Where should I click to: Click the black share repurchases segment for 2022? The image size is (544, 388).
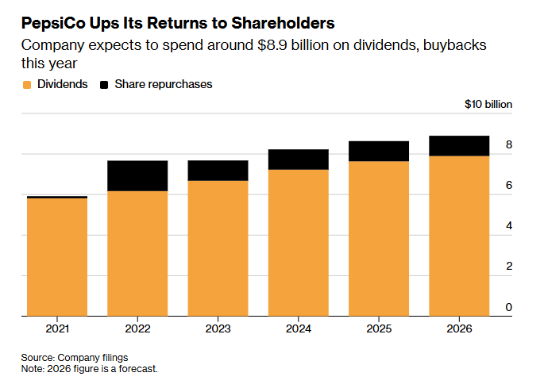137,175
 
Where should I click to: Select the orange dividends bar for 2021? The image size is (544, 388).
57,256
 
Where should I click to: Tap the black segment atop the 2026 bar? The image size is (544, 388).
458,145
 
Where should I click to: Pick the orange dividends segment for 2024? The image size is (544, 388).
298,243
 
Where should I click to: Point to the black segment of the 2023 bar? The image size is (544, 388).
218,170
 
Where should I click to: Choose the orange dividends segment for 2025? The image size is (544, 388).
378,238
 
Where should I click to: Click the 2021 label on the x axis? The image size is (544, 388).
57,328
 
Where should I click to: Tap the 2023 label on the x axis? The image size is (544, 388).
218,328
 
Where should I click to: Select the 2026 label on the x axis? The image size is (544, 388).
458,328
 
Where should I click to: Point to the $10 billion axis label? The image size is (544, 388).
488,104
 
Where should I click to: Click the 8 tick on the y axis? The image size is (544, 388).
509,145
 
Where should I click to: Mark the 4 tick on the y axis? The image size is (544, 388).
509,226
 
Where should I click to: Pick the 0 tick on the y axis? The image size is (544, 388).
509,307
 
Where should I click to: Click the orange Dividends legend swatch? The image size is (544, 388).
27,84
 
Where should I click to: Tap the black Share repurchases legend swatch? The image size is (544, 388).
104,84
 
